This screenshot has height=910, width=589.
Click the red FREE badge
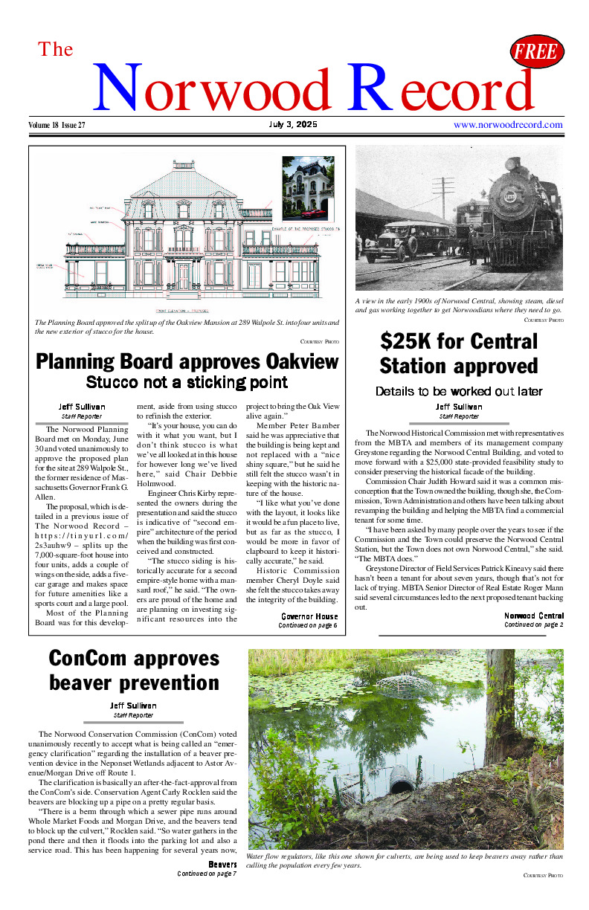tap(537, 51)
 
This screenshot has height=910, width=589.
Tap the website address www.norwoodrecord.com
tap(508, 125)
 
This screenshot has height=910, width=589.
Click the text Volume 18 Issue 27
tap(57, 125)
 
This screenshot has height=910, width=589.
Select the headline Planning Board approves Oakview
tap(187, 362)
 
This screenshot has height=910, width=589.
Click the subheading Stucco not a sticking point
tap(187, 383)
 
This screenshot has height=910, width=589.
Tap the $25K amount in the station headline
tap(406, 342)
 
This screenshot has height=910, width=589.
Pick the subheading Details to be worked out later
tap(459, 391)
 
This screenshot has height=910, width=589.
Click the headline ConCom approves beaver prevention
tap(134, 670)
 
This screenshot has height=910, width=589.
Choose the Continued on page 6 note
tap(308, 626)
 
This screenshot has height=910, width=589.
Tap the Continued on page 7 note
tap(207, 874)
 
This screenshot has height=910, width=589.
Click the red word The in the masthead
tap(56, 50)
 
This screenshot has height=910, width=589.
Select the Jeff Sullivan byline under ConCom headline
tap(134, 706)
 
